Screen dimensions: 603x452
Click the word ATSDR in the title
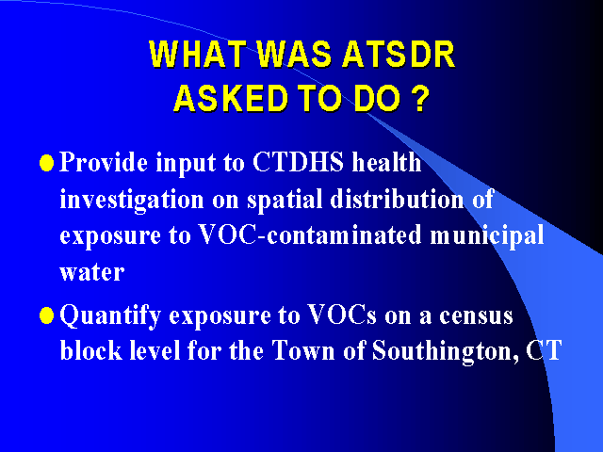pos(399,55)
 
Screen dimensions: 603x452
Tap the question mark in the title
pos(421,98)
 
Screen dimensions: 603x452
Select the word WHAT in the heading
pos(198,55)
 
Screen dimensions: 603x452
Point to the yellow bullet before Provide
pos(46,163)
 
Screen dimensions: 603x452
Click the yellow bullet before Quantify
pos(46,316)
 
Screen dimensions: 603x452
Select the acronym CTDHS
pos(298,162)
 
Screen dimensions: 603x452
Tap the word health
pos(386,161)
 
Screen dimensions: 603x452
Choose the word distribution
pos(397,199)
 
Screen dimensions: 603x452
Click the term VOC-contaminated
pos(310,234)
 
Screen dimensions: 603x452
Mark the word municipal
pos(487,235)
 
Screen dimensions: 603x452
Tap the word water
pos(92,272)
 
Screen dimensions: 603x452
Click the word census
pos(476,316)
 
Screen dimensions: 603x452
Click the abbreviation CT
pos(544,350)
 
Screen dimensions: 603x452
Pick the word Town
pos(303,350)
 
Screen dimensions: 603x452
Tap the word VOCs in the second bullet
pos(342,315)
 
